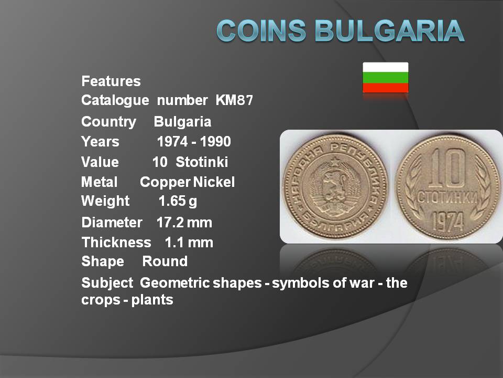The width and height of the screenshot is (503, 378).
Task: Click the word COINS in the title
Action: [x=261, y=30]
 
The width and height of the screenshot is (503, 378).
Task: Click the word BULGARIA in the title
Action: [x=389, y=30]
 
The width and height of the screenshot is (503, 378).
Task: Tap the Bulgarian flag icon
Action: [x=385, y=78]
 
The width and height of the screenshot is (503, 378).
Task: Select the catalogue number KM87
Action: [x=234, y=100]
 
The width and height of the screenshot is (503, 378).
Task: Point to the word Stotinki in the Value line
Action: [x=202, y=162]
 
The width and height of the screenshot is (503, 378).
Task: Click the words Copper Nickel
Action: [x=188, y=182]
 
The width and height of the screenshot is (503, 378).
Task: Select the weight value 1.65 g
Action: [x=178, y=201]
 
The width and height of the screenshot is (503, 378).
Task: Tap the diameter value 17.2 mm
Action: [x=184, y=223]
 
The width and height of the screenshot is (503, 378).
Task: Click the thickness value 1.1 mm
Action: [x=189, y=243]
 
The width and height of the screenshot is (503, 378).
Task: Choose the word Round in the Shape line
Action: [x=165, y=261]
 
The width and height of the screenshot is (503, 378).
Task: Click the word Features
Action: [x=111, y=81]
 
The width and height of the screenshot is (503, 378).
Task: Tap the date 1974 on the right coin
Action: [x=448, y=221]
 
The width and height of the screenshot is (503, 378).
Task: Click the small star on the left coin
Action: [x=335, y=161]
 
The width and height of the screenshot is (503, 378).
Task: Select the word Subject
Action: [x=107, y=283]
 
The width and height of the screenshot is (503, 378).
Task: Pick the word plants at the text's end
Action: [x=152, y=300]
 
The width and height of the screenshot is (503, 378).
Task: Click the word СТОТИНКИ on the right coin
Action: [x=448, y=197]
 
